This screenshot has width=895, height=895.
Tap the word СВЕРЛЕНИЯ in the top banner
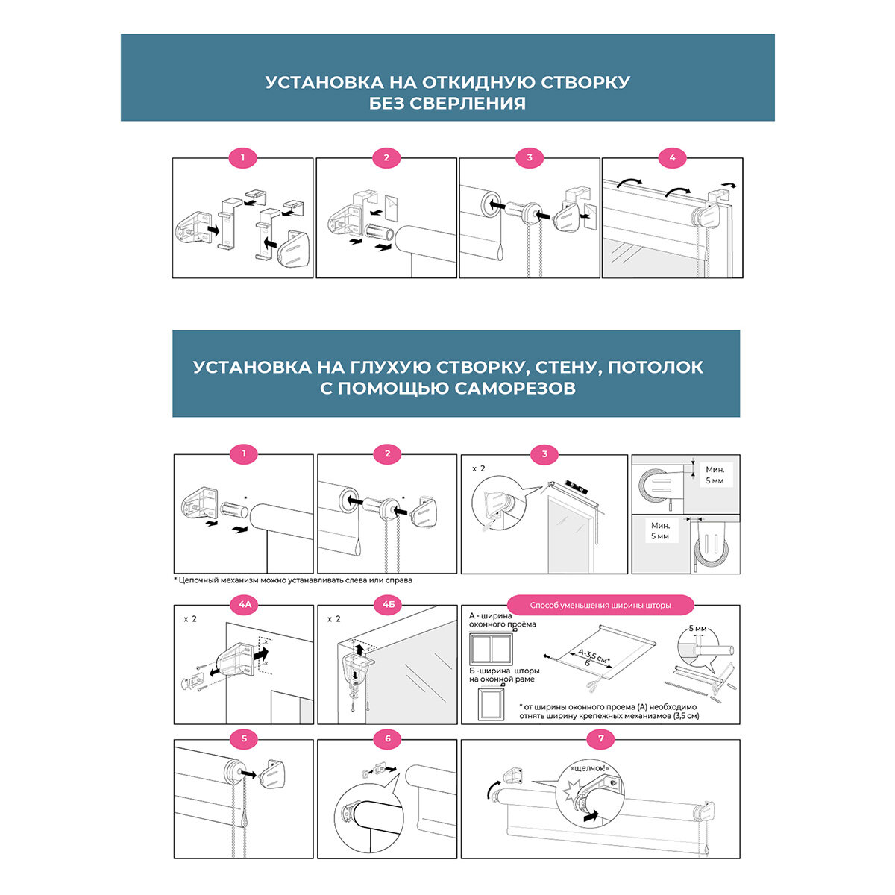pos(468,104)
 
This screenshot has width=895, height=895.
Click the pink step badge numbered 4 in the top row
pos(672,157)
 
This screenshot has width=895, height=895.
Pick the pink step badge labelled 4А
pos(244,605)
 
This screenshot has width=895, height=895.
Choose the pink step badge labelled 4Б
pos(387,605)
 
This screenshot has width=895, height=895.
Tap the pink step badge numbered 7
pos(600,739)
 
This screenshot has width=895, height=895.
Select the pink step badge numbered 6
pos(387,739)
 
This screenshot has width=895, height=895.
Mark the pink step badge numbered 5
pos(244,739)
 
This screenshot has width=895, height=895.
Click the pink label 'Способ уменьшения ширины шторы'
pos(600,605)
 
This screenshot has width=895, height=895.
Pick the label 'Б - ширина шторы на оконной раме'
pos(502,674)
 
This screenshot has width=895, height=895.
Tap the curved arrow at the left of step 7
pos(489,788)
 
